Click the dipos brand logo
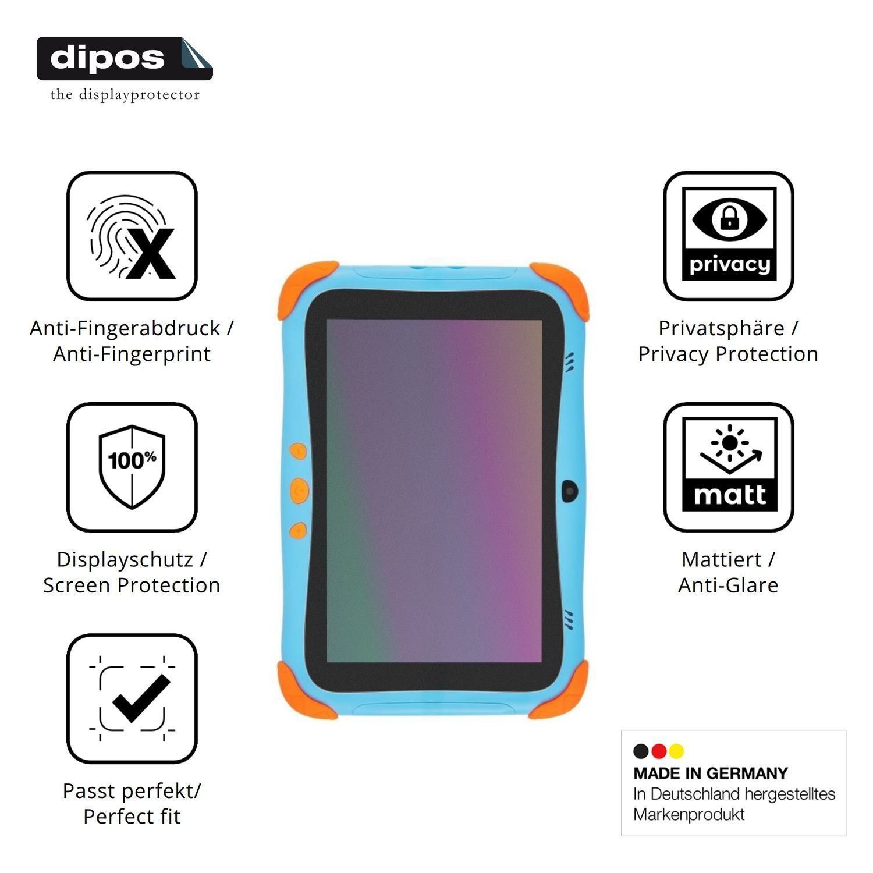(125, 58)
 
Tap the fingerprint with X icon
(132, 236)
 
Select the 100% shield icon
(132, 467)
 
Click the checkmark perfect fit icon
(132, 698)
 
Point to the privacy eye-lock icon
(729, 236)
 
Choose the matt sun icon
(729, 467)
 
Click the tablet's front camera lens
(570, 491)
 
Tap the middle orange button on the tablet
(298, 490)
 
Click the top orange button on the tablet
(298, 452)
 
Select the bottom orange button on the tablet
(298, 530)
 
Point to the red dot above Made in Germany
(659, 751)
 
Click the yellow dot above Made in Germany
(676, 751)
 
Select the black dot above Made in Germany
(641, 751)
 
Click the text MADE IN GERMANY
(711, 773)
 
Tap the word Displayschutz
(125, 560)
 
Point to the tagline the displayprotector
(125, 94)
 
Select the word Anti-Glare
(729, 585)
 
